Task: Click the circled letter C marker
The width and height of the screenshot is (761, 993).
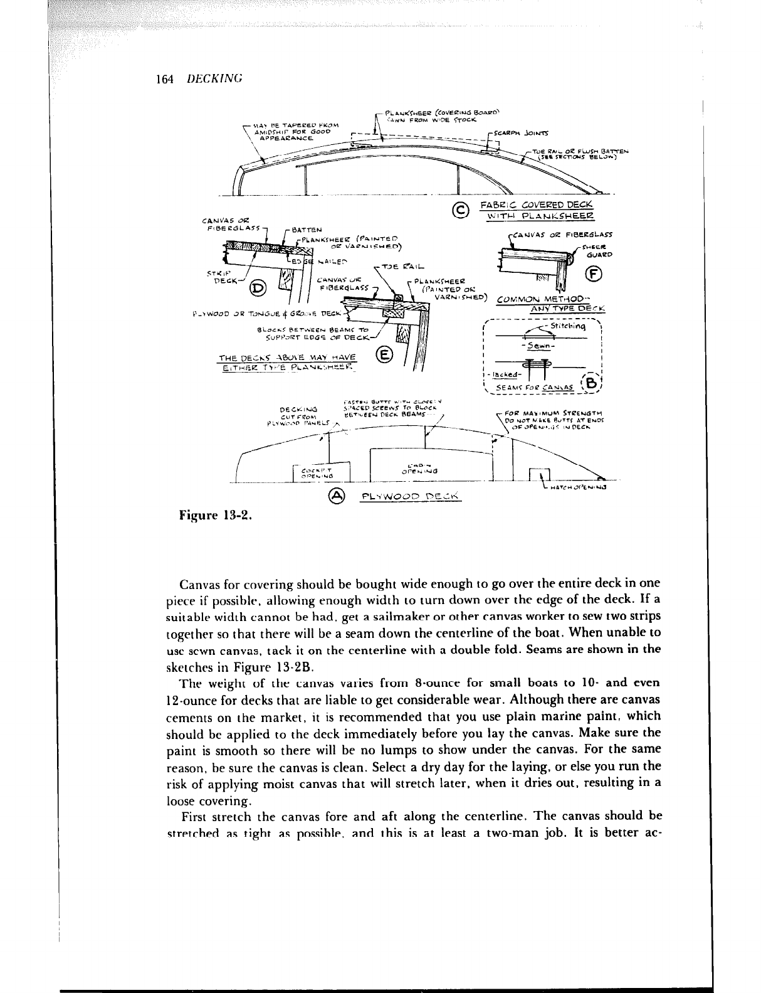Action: [461, 211]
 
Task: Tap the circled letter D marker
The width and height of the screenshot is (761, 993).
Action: [258, 288]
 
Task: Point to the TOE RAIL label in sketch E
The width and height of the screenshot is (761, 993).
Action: [401, 267]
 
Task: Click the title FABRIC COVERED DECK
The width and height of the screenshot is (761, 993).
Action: [537, 206]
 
